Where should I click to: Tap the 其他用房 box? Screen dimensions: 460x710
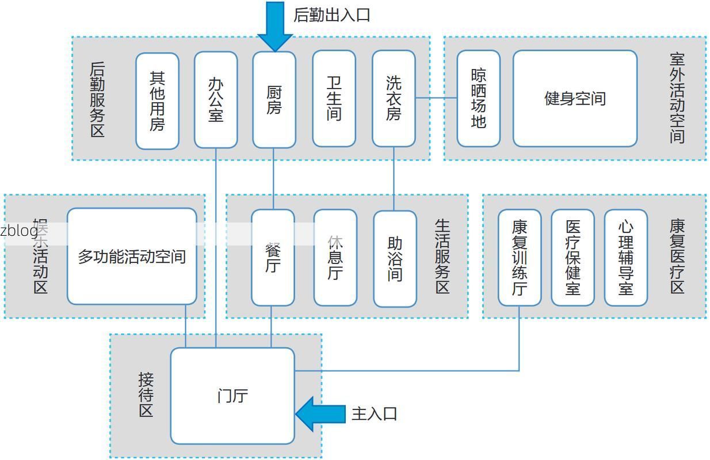[157, 101]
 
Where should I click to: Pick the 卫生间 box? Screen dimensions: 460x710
[334, 98]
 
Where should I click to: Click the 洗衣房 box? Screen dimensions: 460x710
[394, 98]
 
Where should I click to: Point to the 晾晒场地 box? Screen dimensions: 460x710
[478, 98]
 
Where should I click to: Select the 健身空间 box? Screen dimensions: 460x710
[575, 98]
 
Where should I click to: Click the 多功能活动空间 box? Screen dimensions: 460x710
[132, 256]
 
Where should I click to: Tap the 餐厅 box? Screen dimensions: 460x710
[272, 258]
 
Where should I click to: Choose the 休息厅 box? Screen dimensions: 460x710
[335, 258]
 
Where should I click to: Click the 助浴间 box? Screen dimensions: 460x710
[395, 259]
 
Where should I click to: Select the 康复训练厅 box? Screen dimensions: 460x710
[519, 258]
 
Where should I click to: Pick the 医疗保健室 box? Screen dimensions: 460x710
[572, 258]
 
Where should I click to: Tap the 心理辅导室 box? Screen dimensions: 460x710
[625, 258]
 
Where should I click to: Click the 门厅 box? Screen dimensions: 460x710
[232, 396]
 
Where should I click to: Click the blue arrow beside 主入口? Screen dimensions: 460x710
[319, 413]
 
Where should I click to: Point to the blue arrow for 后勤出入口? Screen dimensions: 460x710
[275, 26]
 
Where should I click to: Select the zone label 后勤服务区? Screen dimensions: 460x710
[97, 99]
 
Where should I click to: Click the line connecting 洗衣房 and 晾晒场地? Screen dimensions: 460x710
[436, 98]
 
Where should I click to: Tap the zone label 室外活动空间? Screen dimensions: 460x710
[677, 98]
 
